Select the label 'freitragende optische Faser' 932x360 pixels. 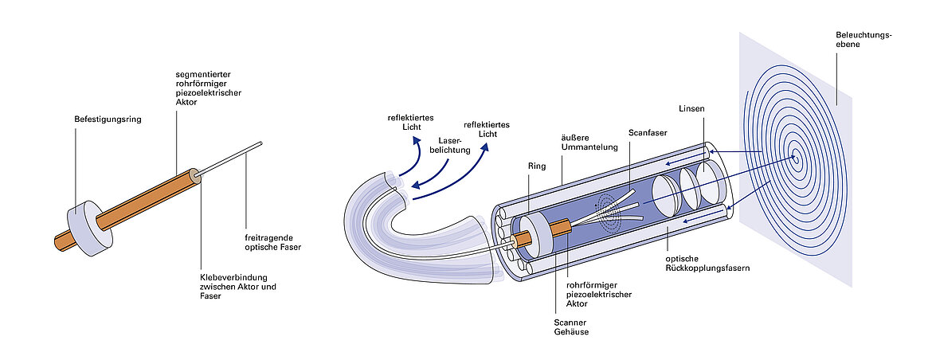click(274, 241)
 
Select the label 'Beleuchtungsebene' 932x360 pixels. click(863, 40)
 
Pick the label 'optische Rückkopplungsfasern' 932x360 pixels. click(707, 264)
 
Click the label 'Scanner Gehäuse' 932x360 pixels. click(570, 327)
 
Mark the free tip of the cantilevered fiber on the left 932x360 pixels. click(260, 143)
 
